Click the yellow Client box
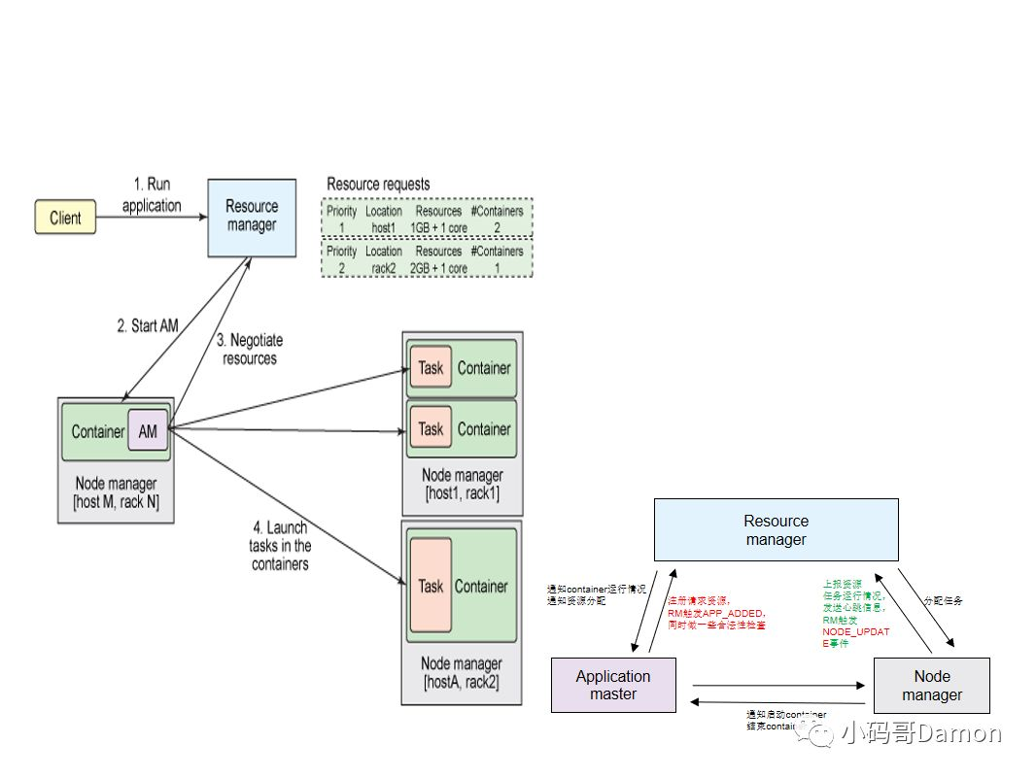pos(66,218)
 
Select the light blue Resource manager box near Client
pos(252,217)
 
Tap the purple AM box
pos(148,432)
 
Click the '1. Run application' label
pos(152,195)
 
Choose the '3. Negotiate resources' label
pos(250,350)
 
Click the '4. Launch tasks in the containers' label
pos(280,546)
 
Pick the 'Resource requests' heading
pos(378,185)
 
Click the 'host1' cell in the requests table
pos(384,228)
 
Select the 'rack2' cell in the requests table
pos(384,268)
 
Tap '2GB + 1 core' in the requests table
pos(438,268)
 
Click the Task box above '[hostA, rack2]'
pos(431,586)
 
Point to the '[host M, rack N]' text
pos(116,501)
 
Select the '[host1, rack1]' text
pos(463,493)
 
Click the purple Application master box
pos(612,685)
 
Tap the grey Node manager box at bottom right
pos(931,685)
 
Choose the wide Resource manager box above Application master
pos(776,529)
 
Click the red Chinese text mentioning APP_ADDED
pos(716,613)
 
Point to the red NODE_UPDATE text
pos(855,637)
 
